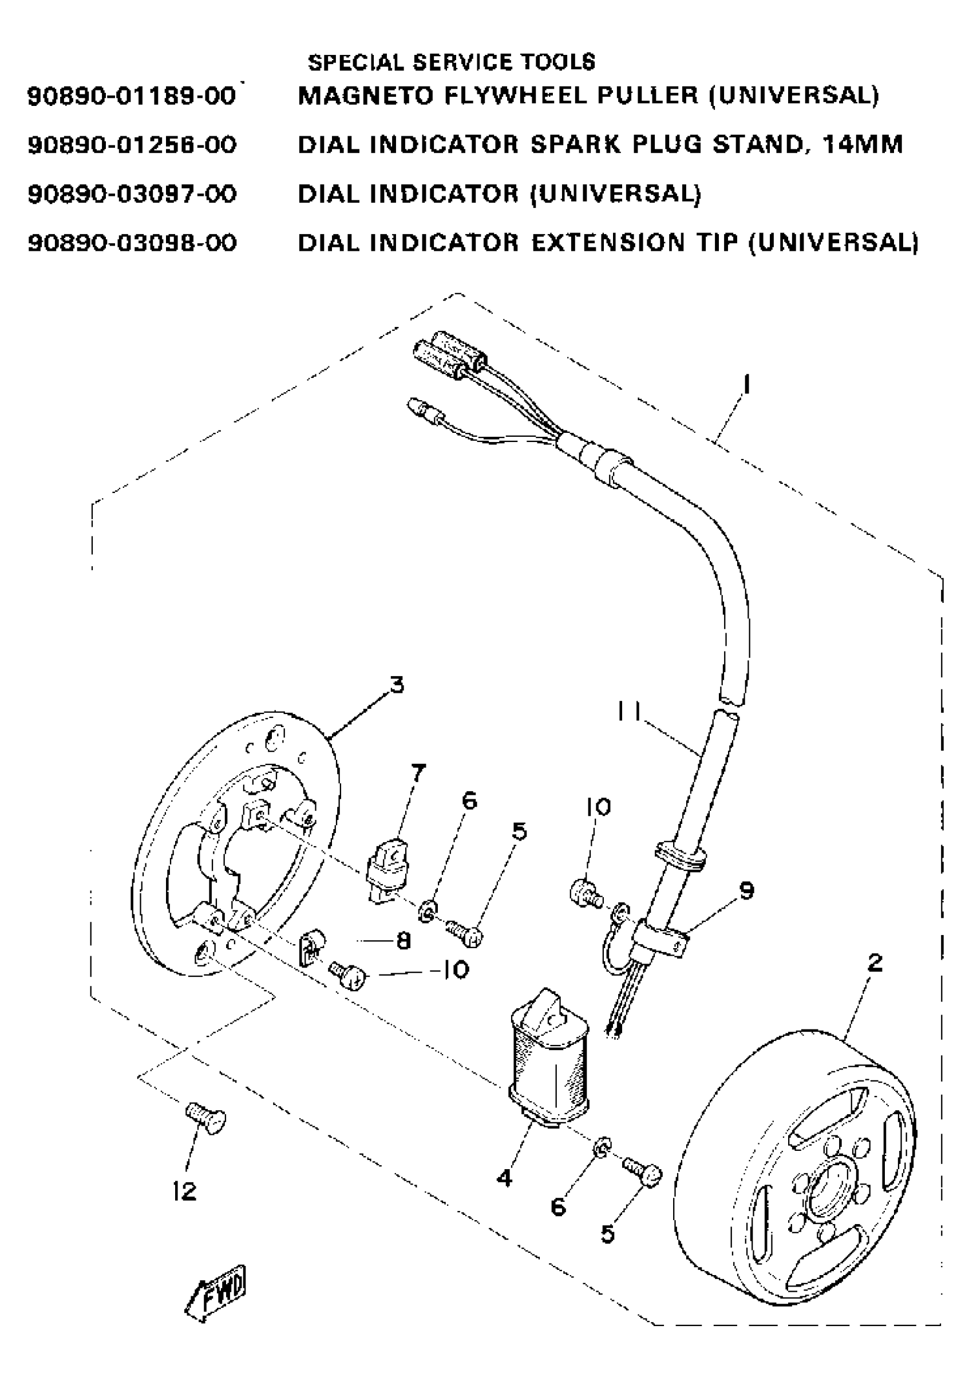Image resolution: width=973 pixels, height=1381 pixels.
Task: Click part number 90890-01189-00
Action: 132,96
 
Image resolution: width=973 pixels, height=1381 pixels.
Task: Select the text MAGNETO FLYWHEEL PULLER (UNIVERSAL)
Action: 588,95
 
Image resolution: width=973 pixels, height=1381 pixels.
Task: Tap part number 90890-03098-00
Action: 132,243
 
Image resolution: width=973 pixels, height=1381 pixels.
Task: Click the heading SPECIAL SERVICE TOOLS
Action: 451,62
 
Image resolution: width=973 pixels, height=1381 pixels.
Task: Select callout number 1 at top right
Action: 746,384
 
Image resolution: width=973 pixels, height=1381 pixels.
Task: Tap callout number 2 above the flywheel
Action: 875,963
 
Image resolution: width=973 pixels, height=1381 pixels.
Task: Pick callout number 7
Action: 417,772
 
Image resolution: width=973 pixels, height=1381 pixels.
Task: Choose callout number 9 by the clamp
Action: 746,890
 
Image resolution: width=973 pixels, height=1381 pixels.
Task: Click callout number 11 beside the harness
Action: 628,712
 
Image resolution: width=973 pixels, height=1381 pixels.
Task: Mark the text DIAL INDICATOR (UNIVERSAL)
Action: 499,194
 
